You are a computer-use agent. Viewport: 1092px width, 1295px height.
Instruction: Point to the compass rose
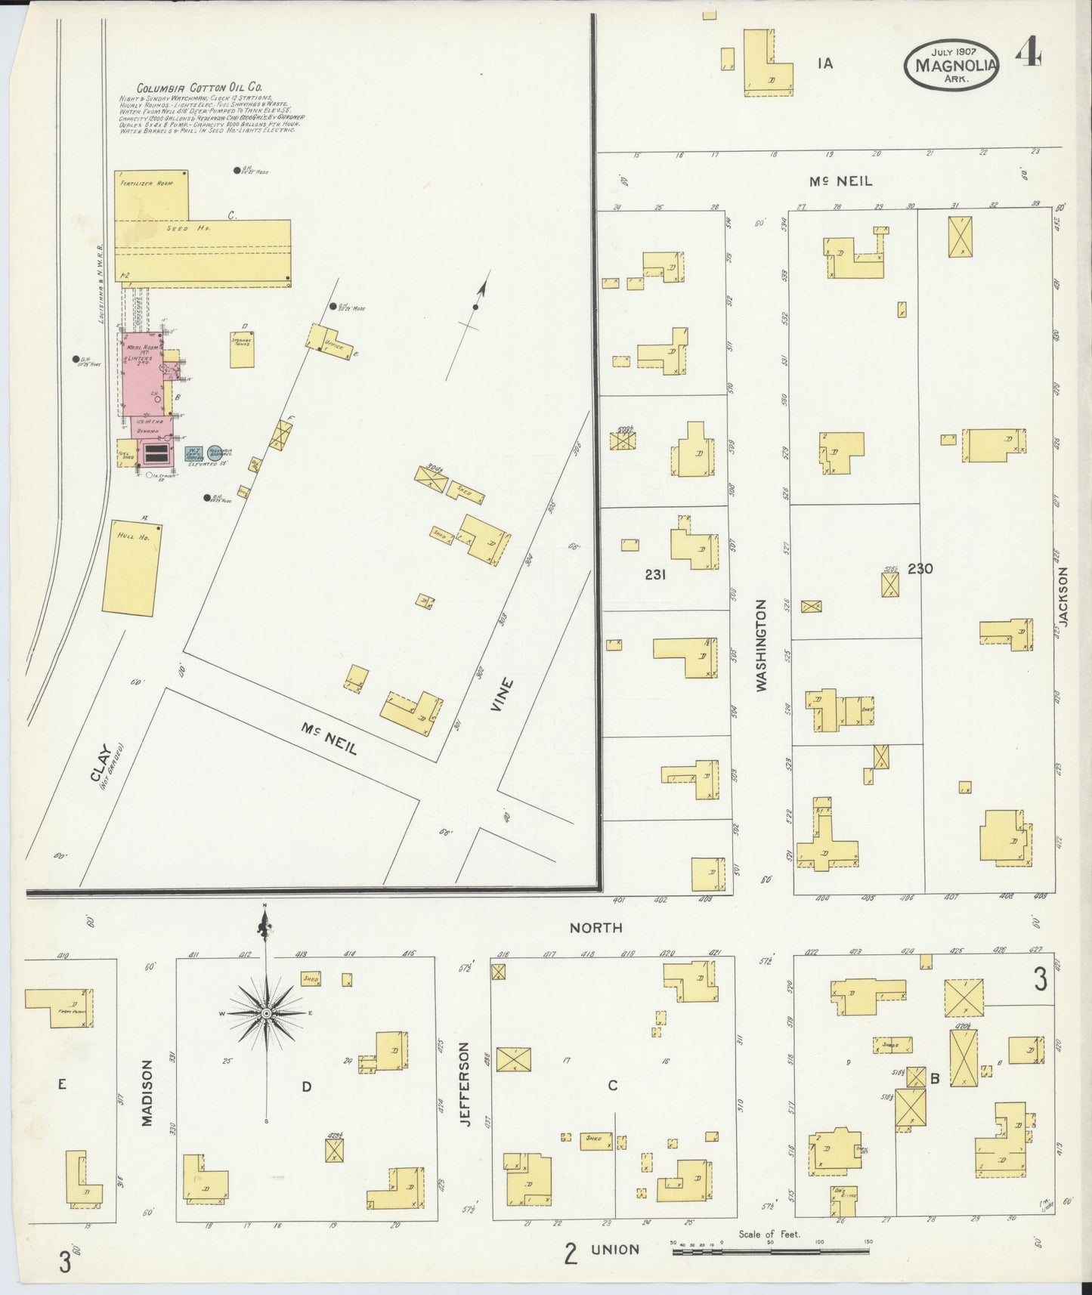tap(266, 1012)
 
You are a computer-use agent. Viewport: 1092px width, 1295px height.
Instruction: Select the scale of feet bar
tap(771, 1251)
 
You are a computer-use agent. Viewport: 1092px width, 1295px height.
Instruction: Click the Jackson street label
tap(1064, 596)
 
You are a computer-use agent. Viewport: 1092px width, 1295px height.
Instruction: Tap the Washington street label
tap(761, 646)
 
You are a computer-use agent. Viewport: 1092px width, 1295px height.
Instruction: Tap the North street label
tap(595, 927)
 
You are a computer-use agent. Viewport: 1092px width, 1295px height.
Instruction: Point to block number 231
tap(654, 574)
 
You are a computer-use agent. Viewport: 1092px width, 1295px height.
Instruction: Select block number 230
tap(920, 569)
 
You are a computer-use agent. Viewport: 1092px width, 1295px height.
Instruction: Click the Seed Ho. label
tap(198, 227)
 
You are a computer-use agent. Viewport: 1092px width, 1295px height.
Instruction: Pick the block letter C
tap(612, 1086)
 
